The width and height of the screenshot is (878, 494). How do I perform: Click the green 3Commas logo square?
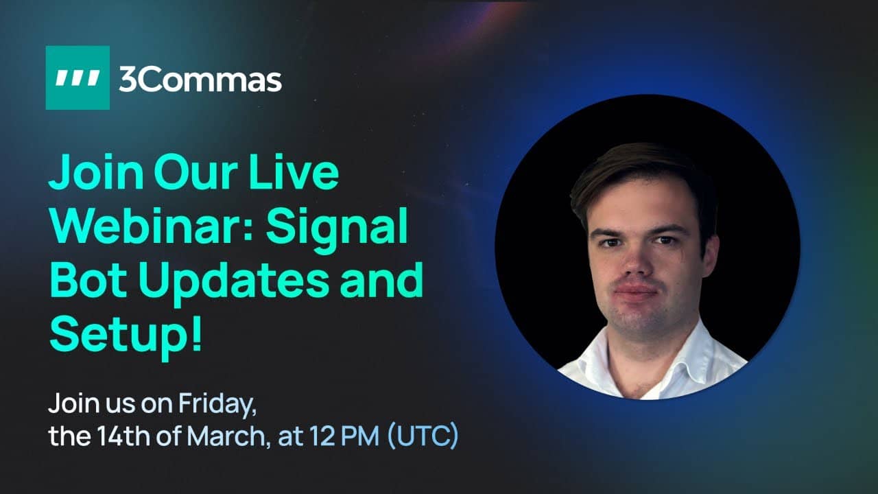(78, 78)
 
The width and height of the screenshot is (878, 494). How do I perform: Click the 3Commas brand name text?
(200, 80)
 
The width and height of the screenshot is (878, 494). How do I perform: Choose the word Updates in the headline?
(234, 284)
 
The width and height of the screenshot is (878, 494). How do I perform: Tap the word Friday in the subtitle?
(217, 404)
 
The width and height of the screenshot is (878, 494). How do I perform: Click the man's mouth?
(636, 291)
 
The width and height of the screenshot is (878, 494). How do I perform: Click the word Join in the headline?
(96, 172)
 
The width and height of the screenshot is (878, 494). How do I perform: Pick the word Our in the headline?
(196, 172)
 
